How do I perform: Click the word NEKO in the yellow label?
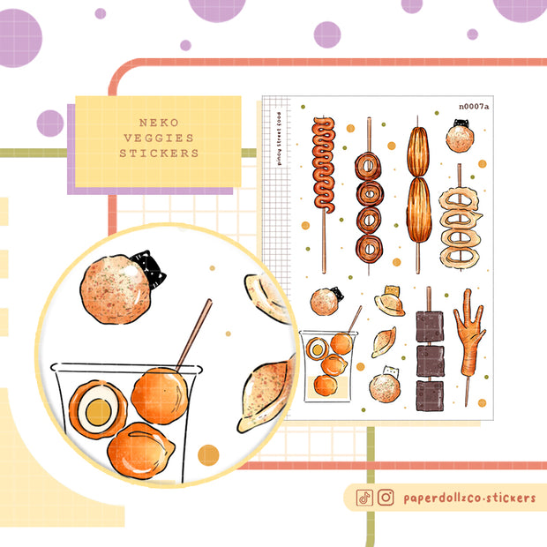159,123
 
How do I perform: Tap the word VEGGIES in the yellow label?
159,138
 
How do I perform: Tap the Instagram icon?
386,498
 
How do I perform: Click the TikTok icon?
364,498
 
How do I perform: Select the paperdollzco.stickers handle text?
468,498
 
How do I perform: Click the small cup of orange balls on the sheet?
323,363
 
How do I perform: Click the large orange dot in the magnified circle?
208,455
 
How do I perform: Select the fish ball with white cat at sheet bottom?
384,385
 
